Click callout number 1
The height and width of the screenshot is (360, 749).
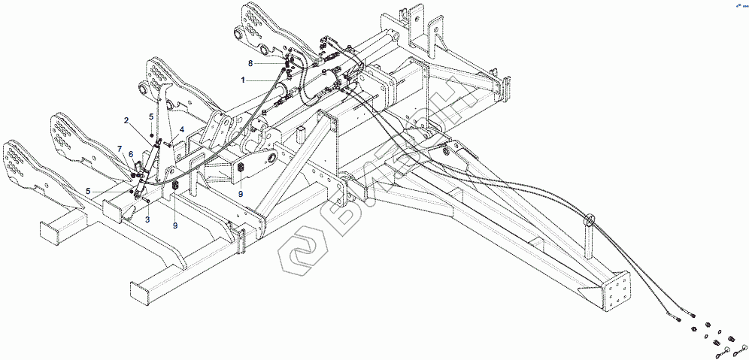pos(243,79)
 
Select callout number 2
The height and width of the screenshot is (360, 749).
pos(126,120)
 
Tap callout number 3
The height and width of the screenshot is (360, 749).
pos(147,219)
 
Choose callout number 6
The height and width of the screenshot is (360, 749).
pos(131,154)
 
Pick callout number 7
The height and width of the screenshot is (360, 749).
pos(119,149)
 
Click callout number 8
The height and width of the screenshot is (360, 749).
pos(250,63)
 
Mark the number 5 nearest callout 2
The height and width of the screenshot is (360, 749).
pos(151,116)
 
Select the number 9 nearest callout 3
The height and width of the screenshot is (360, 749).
pos(175,225)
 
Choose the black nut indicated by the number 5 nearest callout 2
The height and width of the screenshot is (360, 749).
pos(152,134)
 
